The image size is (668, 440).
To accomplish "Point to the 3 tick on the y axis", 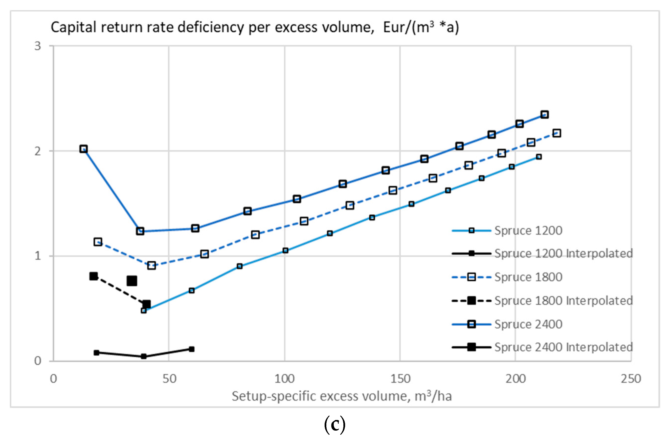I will (x=38, y=46).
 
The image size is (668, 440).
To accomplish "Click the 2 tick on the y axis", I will (x=38, y=151).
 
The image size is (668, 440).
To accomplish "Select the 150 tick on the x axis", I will (x=400, y=379).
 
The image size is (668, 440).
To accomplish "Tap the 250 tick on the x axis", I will (x=631, y=379).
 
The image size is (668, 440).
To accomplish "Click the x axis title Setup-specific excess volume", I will (x=341, y=396).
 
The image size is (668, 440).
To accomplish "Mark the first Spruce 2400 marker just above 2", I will (x=83, y=149).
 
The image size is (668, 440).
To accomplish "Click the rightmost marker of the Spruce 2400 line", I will (x=544, y=114).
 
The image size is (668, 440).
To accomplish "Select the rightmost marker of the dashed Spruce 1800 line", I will (x=557, y=133).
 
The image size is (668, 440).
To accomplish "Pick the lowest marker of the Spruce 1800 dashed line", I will (x=152, y=266).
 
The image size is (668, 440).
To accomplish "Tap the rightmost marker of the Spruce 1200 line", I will (x=538, y=157).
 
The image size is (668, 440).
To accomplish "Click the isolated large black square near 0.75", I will (x=132, y=281).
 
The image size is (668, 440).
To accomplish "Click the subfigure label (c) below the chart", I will (x=334, y=425).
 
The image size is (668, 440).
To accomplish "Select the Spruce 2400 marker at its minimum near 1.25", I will (x=140, y=231).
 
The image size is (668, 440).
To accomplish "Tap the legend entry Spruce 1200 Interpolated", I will (x=563, y=254).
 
